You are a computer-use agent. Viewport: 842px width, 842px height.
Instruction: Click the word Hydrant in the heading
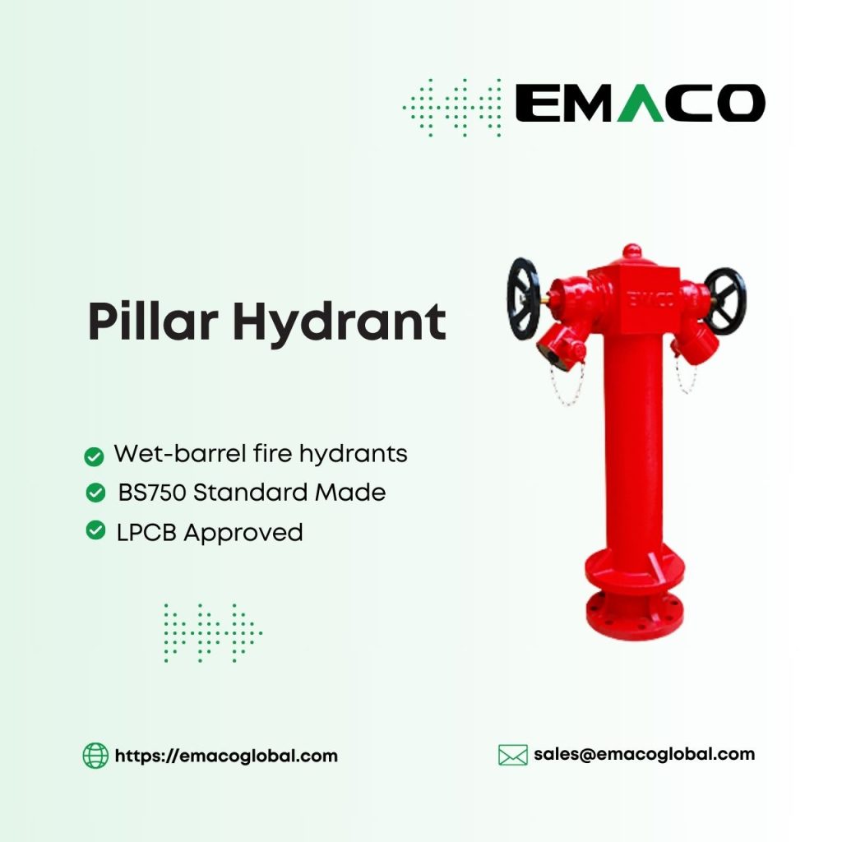(x=338, y=322)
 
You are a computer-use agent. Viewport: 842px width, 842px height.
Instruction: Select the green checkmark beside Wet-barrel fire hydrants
(x=95, y=456)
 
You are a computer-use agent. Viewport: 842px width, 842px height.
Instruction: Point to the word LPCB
(x=146, y=533)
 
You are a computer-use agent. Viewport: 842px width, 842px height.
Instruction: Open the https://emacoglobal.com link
(x=226, y=756)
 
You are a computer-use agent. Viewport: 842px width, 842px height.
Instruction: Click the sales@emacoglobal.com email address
(x=644, y=753)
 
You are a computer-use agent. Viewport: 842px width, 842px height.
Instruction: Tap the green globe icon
(x=95, y=755)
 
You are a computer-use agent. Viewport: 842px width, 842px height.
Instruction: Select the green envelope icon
(x=513, y=755)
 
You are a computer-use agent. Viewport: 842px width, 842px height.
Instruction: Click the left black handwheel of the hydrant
(x=523, y=298)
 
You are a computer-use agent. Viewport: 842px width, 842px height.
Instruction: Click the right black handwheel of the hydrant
(x=724, y=300)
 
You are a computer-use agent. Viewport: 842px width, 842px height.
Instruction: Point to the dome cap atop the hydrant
(x=631, y=252)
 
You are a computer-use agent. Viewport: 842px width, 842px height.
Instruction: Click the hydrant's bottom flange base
(x=635, y=608)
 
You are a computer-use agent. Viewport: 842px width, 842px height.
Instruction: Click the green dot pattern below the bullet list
(x=212, y=632)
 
